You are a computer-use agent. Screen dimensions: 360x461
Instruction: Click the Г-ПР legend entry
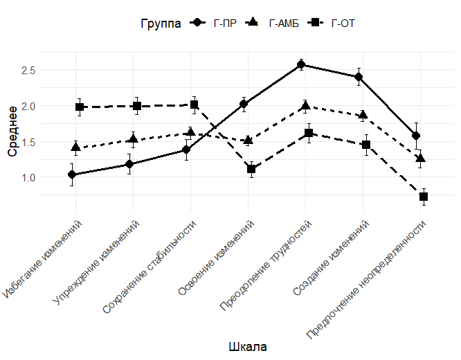(215, 24)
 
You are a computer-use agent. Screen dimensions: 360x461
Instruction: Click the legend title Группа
(161, 24)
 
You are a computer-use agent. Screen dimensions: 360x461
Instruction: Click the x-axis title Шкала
(247, 346)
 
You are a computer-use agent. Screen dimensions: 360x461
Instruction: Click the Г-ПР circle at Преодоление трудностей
(301, 65)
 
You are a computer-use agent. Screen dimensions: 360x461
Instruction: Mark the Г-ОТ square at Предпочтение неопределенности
(424, 197)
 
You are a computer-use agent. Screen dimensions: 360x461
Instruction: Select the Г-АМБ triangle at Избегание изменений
(75, 147)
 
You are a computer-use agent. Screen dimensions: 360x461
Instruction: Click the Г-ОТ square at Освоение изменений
(251, 169)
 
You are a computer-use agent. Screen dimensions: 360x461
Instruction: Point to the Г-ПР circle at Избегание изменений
(73, 175)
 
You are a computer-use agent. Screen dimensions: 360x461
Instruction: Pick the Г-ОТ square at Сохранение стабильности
(195, 105)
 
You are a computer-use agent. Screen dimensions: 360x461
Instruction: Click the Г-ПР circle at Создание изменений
(359, 77)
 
